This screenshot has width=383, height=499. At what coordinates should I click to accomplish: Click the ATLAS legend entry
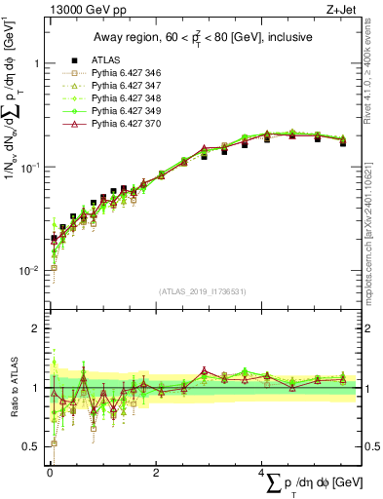pyautogui.click(x=106, y=60)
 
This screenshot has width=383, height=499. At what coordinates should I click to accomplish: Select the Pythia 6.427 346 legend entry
pyautogui.click(x=122, y=73)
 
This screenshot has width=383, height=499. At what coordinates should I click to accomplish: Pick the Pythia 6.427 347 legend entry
pyautogui.click(x=122, y=86)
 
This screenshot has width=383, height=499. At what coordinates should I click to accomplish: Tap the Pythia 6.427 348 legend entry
pyautogui.click(x=122, y=98)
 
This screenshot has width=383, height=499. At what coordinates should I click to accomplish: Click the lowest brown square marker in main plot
pyautogui.click(x=54, y=267)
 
